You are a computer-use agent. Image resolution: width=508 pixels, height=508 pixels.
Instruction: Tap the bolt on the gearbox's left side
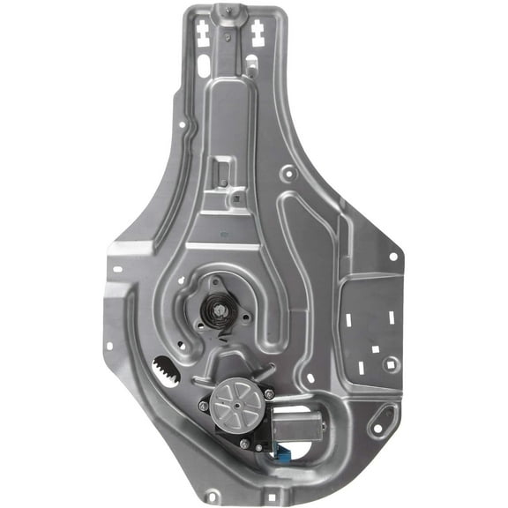tap(205, 407)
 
